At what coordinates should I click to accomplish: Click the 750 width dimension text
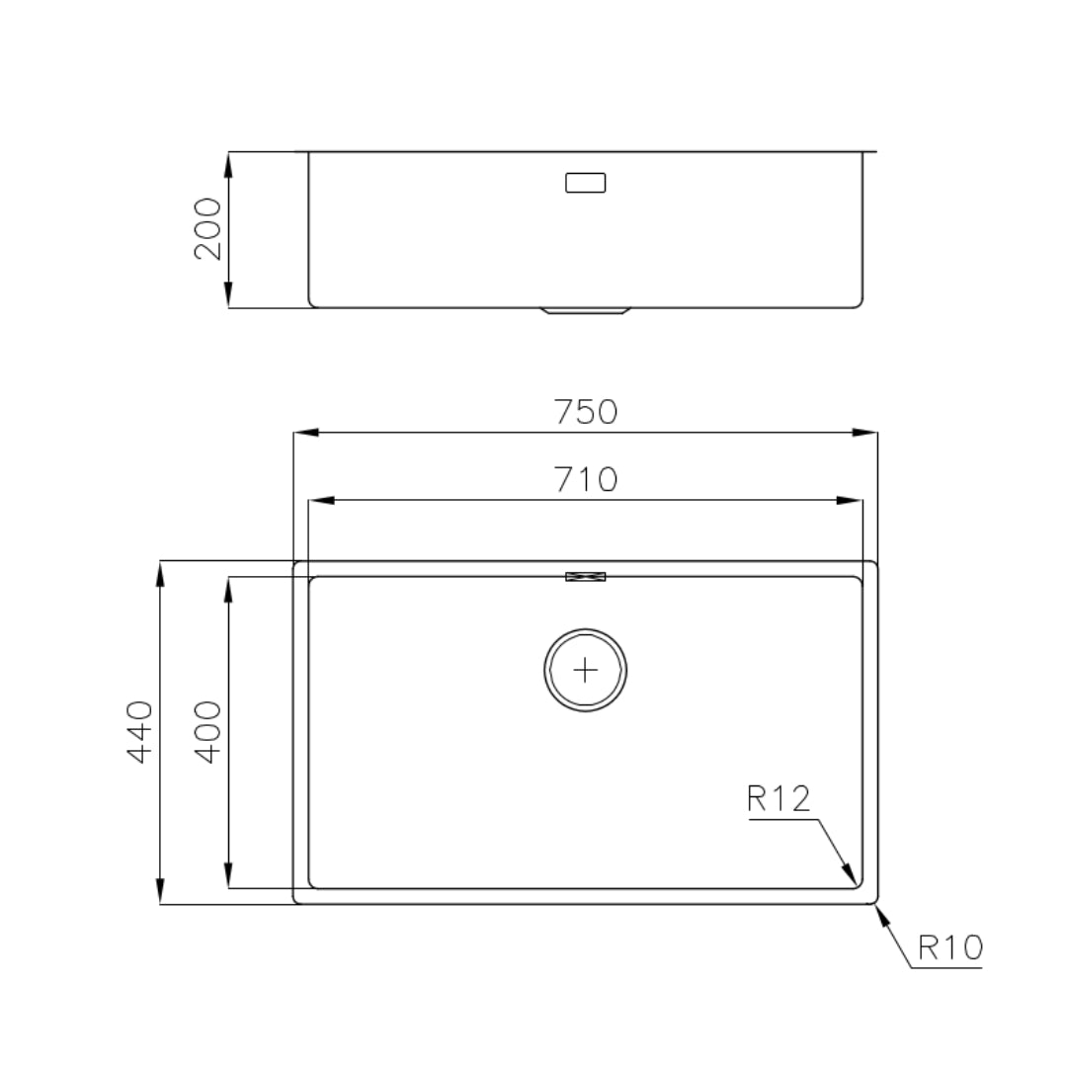(x=586, y=412)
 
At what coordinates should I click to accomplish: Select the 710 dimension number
(x=586, y=480)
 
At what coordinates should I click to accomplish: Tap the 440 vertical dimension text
(x=140, y=732)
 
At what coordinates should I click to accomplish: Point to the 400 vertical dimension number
(x=208, y=732)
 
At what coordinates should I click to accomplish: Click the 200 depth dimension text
(x=208, y=229)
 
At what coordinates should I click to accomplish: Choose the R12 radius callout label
(x=780, y=799)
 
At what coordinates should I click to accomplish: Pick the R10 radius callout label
(x=950, y=947)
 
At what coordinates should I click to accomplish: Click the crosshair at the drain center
(x=586, y=671)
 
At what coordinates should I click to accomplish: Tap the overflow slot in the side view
(x=586, y=183)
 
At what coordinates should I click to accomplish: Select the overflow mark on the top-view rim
(x=586, y=577)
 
